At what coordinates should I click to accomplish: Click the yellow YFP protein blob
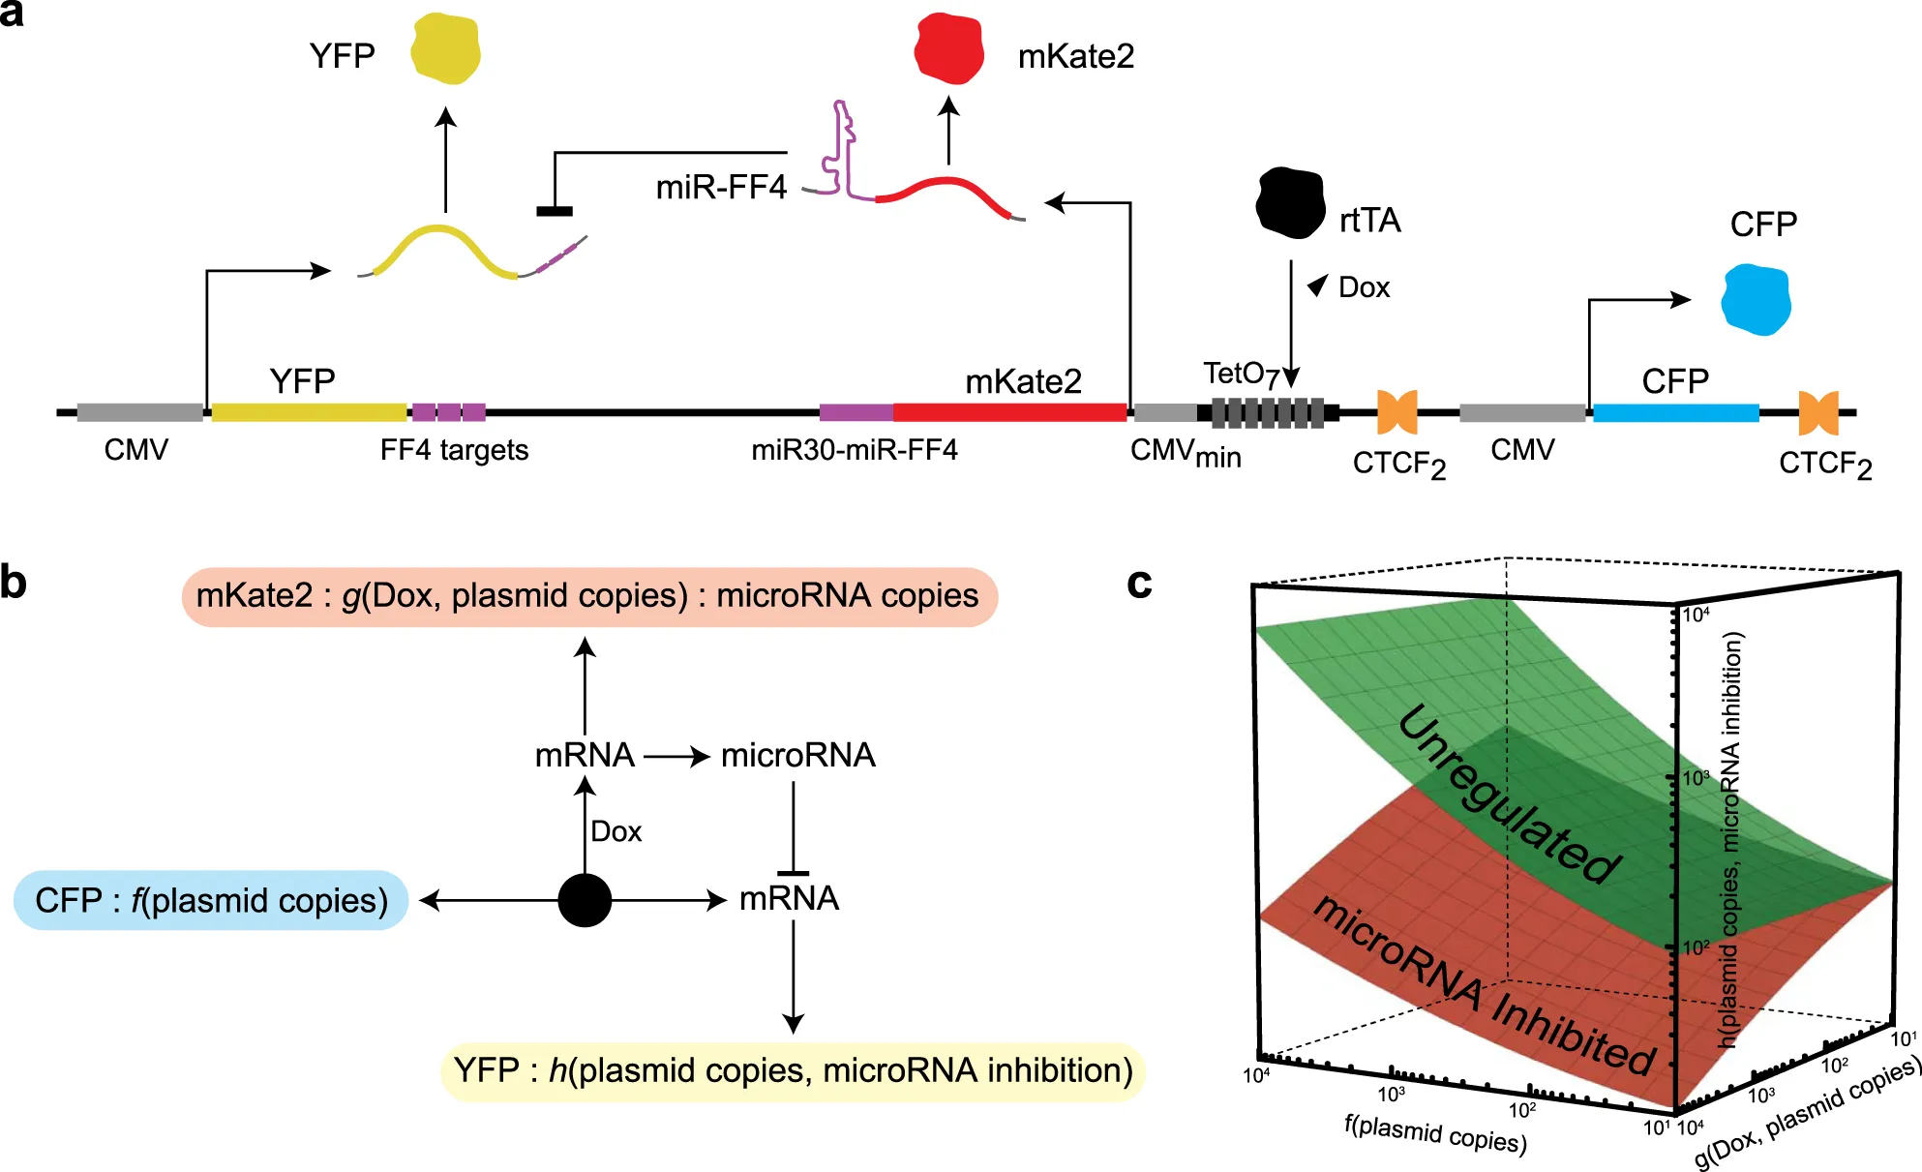tap(445, 48)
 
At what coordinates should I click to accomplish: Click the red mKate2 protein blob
tap(949, 48)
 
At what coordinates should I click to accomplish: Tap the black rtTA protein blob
tap(1290, 203)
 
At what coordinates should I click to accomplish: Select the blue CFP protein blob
tap(1756, 300)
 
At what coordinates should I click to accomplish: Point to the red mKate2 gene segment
tap(1008, 412)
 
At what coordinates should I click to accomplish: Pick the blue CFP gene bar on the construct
tap(1675, 412)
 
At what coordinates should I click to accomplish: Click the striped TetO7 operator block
tap(1268, 413)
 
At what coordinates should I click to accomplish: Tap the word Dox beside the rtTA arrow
tap(1364, 287)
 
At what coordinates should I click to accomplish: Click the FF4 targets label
tap(454, 450)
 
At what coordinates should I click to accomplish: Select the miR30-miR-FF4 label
tap(854, 450)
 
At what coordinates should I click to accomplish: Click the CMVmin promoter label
tap(1185, 453)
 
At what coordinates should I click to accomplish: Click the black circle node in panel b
tap(585, 900)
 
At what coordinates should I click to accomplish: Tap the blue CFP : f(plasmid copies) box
tap(211, 900)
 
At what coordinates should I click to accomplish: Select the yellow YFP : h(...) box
tap(793, 1070)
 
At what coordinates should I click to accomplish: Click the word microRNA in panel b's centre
tap(797, 755)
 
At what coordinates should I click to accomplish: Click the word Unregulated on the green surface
tap(1510, 794)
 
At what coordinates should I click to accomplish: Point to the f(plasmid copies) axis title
tap(1434, 1133)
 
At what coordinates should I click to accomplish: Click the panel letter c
tap(1139, 583)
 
